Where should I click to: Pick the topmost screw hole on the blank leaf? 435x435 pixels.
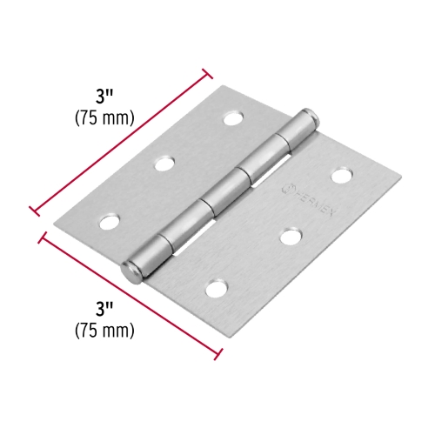[x=232, y=117]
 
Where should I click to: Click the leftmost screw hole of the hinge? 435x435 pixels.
[x=108, y=221]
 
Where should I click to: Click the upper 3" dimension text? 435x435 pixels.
[x=107, y=94]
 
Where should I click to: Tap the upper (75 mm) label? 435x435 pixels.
[x=105, y=117]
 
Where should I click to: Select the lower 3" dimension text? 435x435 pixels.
[x=106, y=307]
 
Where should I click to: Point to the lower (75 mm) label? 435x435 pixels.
[x=105, y=330]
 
